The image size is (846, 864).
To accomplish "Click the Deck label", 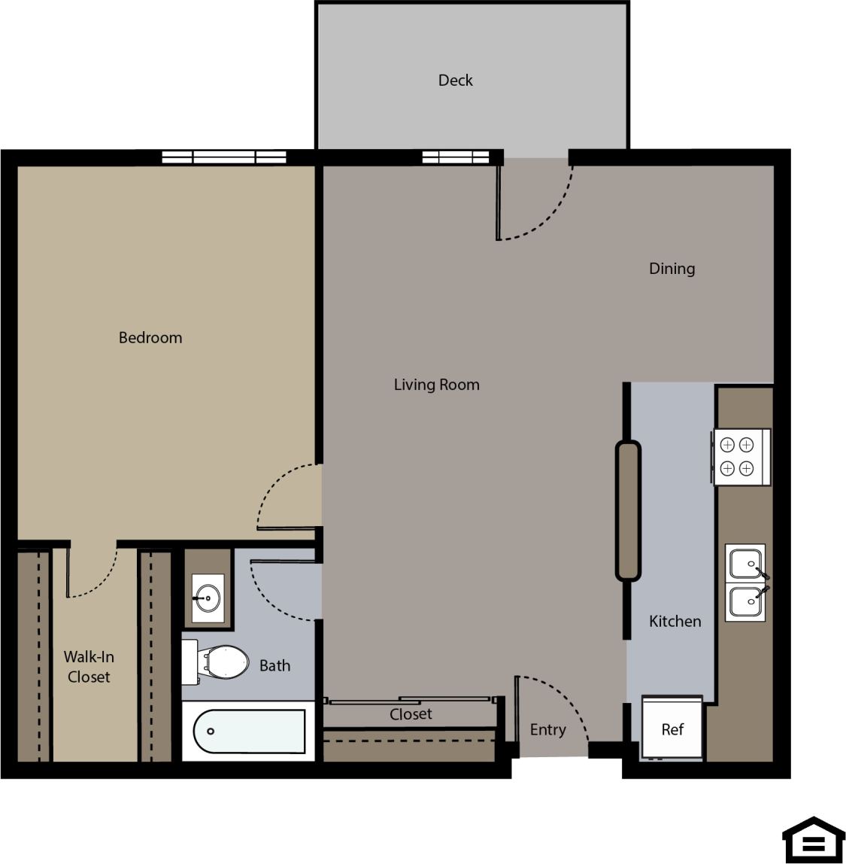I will (455, 80).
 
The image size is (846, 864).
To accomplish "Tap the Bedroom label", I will (150, 338).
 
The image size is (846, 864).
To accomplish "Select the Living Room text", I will (436, 385).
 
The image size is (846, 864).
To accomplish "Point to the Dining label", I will (672, 269).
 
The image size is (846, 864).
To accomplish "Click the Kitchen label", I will (675, 621).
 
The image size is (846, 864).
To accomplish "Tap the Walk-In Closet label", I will (89, 667).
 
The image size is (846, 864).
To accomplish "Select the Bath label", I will (274, 665).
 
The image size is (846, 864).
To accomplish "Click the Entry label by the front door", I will (547, 729).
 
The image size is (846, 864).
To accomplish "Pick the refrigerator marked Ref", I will (672, 728).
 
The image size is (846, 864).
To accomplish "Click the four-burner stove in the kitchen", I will (741, 457).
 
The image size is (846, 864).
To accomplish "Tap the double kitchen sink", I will (745, 583).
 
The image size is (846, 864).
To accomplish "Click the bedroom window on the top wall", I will (224, 157).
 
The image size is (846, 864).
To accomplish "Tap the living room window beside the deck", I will (456, 157).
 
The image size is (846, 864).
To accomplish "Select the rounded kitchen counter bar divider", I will (628, 510).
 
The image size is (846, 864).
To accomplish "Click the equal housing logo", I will (813, 838).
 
